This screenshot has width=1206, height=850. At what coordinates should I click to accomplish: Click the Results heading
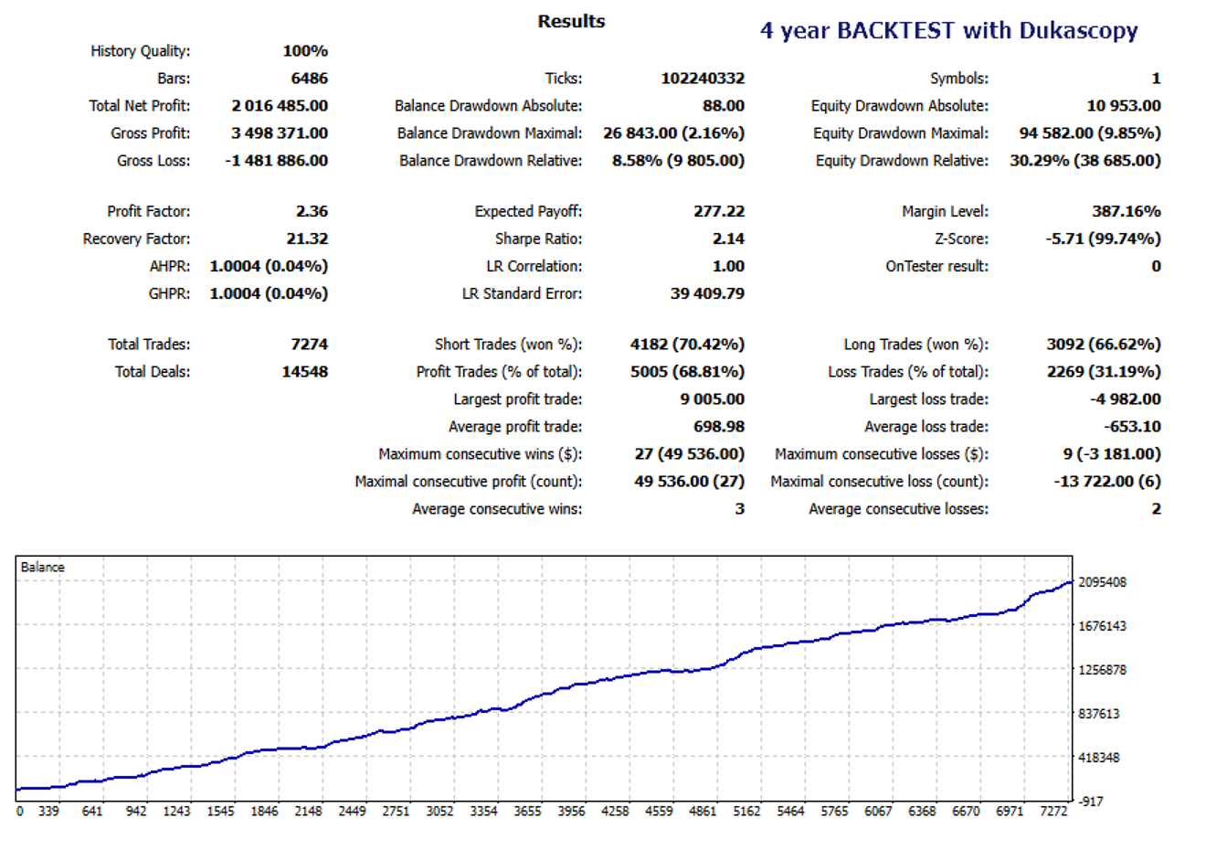(x=571, y=21)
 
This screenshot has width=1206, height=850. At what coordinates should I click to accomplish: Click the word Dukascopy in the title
(x=1078, y=30)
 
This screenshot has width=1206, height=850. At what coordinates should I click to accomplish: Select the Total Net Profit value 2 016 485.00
(x=280, y=106)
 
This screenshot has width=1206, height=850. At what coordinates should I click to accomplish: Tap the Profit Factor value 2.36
(x=312, y=211)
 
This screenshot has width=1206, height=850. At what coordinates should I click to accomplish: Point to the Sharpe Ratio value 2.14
(x=728, y=239)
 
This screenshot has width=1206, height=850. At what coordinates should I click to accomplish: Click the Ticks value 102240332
(x=703, y=79)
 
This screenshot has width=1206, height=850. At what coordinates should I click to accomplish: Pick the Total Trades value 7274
(x=309, y=345)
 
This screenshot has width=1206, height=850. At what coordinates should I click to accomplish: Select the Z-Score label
(x=961, y=239)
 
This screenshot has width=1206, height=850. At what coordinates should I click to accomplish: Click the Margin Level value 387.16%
(x=1126, y=211)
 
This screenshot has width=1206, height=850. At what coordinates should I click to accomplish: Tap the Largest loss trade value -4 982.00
(x=1126, y=399)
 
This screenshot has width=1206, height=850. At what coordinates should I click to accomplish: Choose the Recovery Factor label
(x=136, y=239)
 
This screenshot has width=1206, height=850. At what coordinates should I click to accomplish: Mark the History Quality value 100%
(x=305, y=51)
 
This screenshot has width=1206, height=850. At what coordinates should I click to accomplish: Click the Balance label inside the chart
(x=43, y=568)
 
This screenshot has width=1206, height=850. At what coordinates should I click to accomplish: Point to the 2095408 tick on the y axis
(x=1102, y=582)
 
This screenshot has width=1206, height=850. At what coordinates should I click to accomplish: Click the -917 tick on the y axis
(x=1091, y=802)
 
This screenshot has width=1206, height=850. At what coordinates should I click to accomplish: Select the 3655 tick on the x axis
(x=527, y=812)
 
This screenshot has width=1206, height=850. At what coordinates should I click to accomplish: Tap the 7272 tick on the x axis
(x=1053, y=812)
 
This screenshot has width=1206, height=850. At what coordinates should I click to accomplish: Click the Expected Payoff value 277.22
(x=719, y=211)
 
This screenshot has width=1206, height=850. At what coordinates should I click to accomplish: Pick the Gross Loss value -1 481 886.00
(x=276, y=161)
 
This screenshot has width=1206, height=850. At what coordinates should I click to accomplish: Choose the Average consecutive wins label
(x=497, y=509)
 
